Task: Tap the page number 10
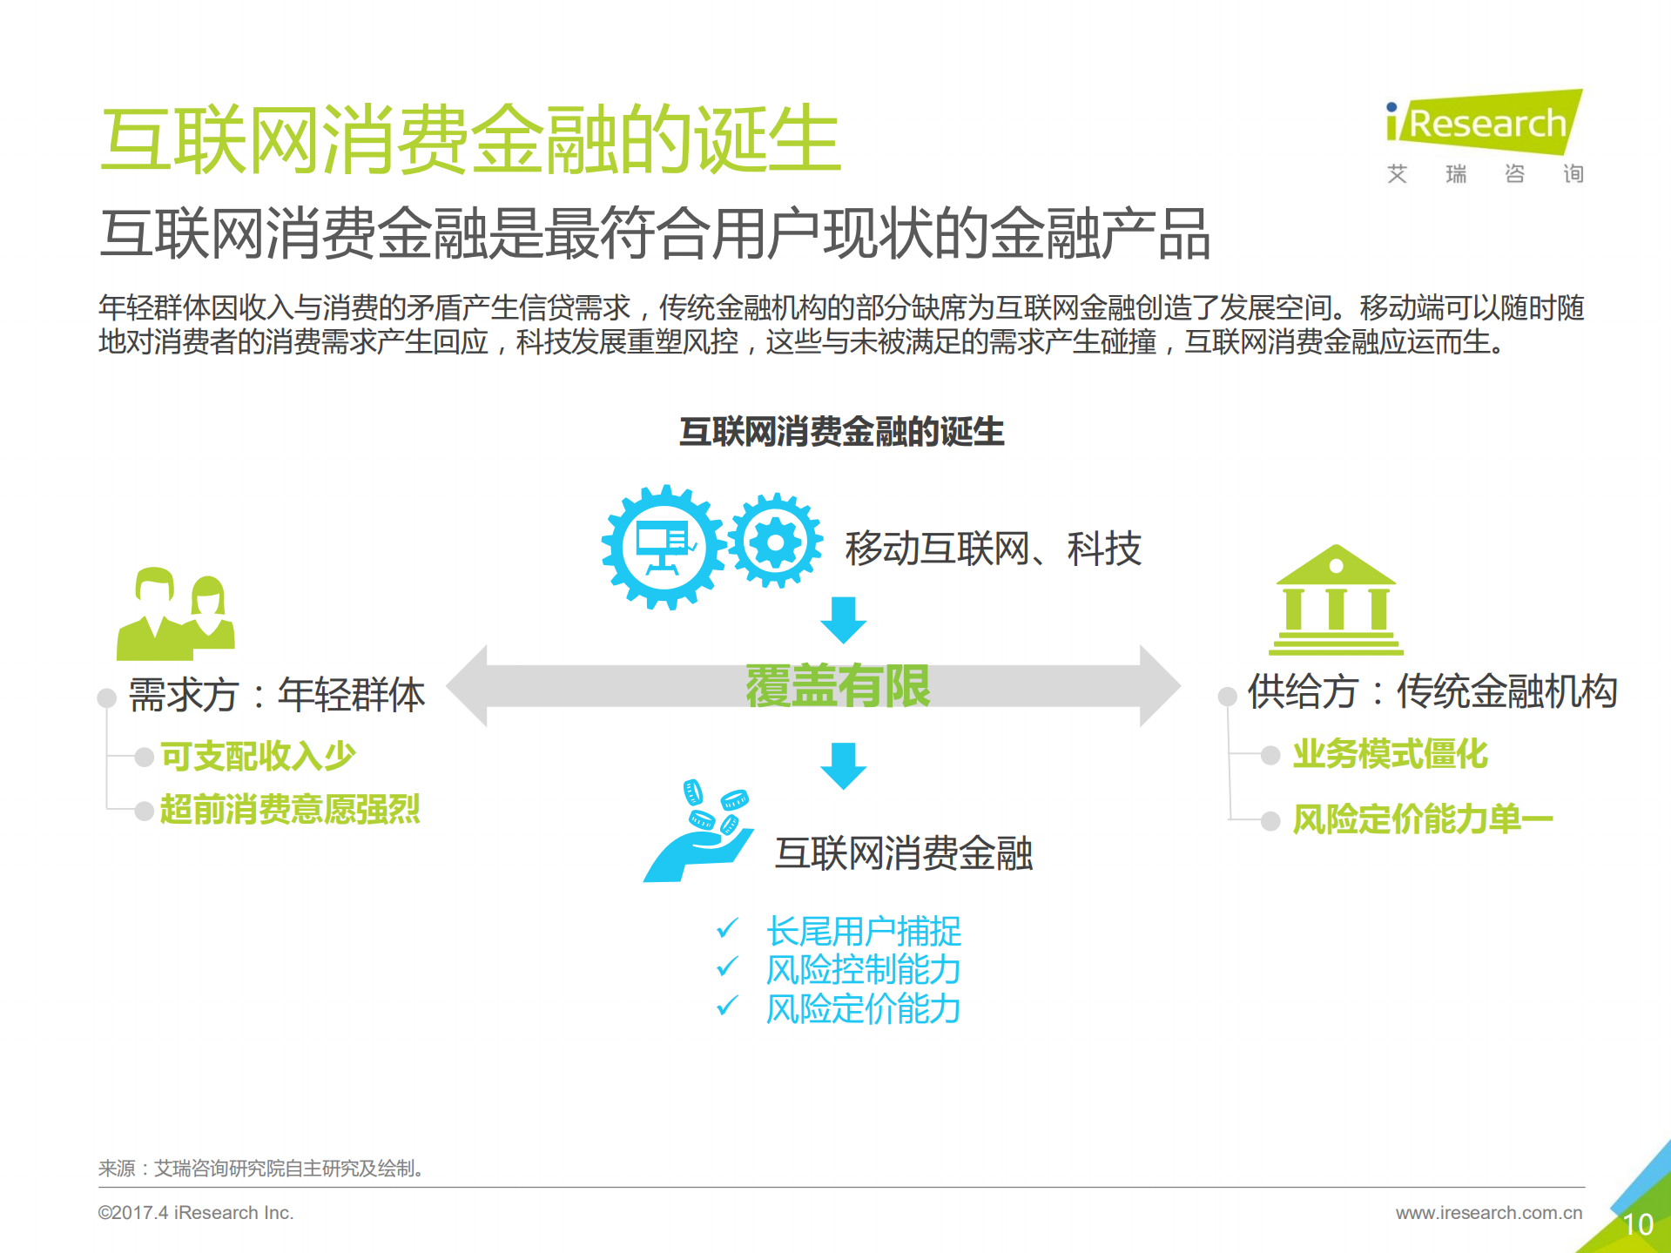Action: [1638, 1224]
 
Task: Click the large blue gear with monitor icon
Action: [664, 547]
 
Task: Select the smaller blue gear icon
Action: [774, 542]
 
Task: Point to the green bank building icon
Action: [1336, 600]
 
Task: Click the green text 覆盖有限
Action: [838, 686]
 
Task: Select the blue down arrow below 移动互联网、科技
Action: [843, 620]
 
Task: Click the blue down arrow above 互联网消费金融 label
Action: [843, 765]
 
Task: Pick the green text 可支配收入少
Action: [259, 756]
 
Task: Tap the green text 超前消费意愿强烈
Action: [290, 810]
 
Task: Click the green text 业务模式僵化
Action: [1390, 754]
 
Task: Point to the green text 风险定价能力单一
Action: [1422, 819]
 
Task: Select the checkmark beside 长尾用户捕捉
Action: [727, 929]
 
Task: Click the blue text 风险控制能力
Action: [863, 970]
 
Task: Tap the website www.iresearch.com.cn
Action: [1488, 1212]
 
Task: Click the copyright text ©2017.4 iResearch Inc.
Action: [196, 1212]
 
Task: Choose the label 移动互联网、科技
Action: [993, 549]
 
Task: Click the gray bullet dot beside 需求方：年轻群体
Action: [107, 697]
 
